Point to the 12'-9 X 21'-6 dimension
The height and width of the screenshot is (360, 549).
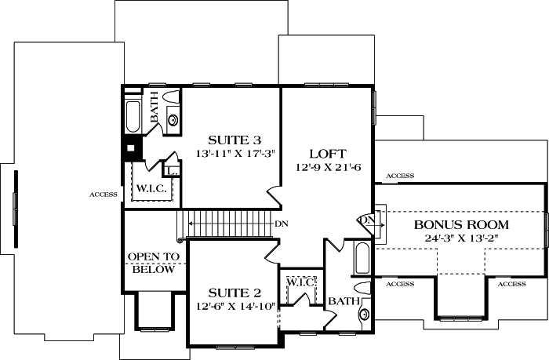[x=327, y=168]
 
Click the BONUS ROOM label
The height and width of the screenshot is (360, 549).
[x=452, y=225]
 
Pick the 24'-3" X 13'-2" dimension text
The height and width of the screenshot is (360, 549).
[x=452, y=239]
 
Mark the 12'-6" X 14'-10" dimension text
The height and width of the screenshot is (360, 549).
[x=236, y=304]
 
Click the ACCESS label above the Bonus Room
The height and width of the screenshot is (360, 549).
[x=400, y=176]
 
